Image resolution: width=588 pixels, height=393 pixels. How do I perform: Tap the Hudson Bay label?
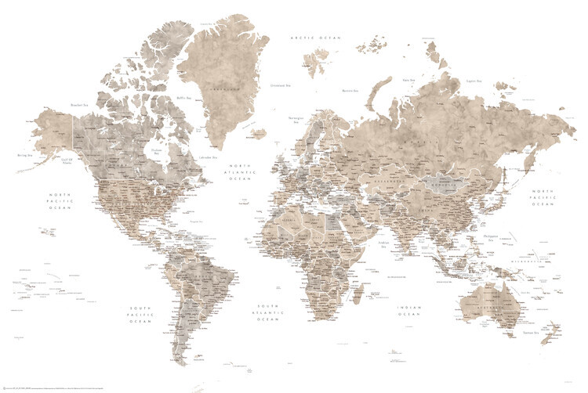[157, 153]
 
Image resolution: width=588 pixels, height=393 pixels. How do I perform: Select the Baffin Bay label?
[183, 97]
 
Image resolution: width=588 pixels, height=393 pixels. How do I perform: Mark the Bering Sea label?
[24, 156]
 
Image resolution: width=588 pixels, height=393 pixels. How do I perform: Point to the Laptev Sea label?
[473, 81]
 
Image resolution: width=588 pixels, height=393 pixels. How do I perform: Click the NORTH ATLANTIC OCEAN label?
[239, 172]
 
